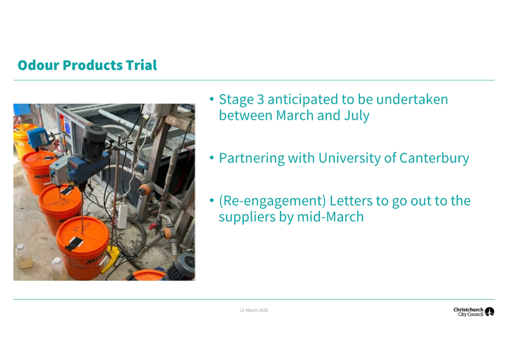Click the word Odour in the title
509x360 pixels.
[x=39, y=65]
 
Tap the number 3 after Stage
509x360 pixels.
[x=260, y=100]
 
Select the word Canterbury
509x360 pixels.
[x=434, y=158]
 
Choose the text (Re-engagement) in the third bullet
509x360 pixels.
[x=272, y=201]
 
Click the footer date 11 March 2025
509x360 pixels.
[x=254, y=310]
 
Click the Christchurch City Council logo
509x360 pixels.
[x=474, y=312]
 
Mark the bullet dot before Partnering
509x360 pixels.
[x=211, y=158]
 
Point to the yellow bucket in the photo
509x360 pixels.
[x=22, y=138]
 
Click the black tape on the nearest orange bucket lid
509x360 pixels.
[x=74, y=243]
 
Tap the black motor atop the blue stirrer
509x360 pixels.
[x=94, y=142]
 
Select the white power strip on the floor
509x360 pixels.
[x=123, y=217]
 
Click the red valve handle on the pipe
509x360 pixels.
[x=153, y=226]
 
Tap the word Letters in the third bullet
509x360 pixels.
[x=350, y=201]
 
